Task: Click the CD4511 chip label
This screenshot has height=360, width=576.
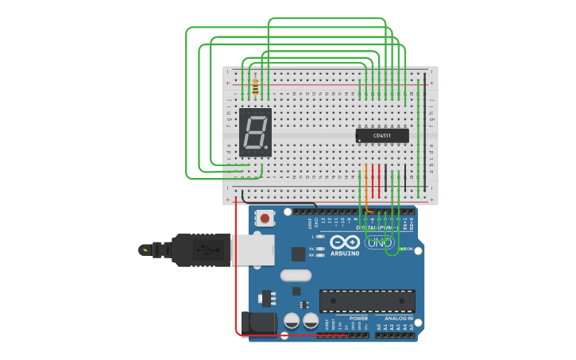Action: pyautogui.click(x=383, y=135)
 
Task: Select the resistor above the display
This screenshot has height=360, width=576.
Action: pyautogui.click(x=255, y=86)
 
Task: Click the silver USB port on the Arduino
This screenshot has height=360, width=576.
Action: pyautogui.click(x=253, y=250)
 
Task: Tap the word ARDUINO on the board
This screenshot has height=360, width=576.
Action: pyautogui.click(x=345, y=254)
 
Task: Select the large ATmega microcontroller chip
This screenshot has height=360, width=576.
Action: pyautogui.click(x=367, y=301)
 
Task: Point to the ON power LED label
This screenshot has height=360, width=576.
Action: pyautogui.click(x=410, y=249)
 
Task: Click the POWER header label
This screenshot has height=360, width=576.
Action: pyautogui.click(x=358, y=319)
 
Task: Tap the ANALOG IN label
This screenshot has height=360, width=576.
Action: pyautogui.click(x=398, y=319)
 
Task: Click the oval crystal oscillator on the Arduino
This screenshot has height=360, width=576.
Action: pyautogui.click(x=296, y=276)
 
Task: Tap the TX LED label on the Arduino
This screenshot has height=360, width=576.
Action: pyautogui.click(x=311, y=249)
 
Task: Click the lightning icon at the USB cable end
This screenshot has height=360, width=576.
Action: pyautogui.click(x=145, y=250)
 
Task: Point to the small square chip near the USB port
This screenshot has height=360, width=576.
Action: pyautogui.click(x=298, y=254)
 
